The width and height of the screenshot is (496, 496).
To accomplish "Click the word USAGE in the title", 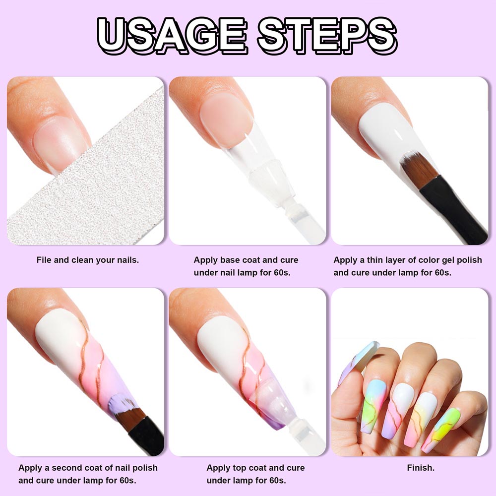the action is [x=172, y=35].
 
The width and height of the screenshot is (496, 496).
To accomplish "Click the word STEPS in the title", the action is [x=328, y=35].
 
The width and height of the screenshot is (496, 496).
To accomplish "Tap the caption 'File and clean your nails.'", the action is [x=88, y=260].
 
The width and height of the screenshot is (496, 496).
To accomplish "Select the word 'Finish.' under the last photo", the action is [x=421, y=468].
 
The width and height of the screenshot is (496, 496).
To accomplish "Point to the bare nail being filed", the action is [x=60, y=142].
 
